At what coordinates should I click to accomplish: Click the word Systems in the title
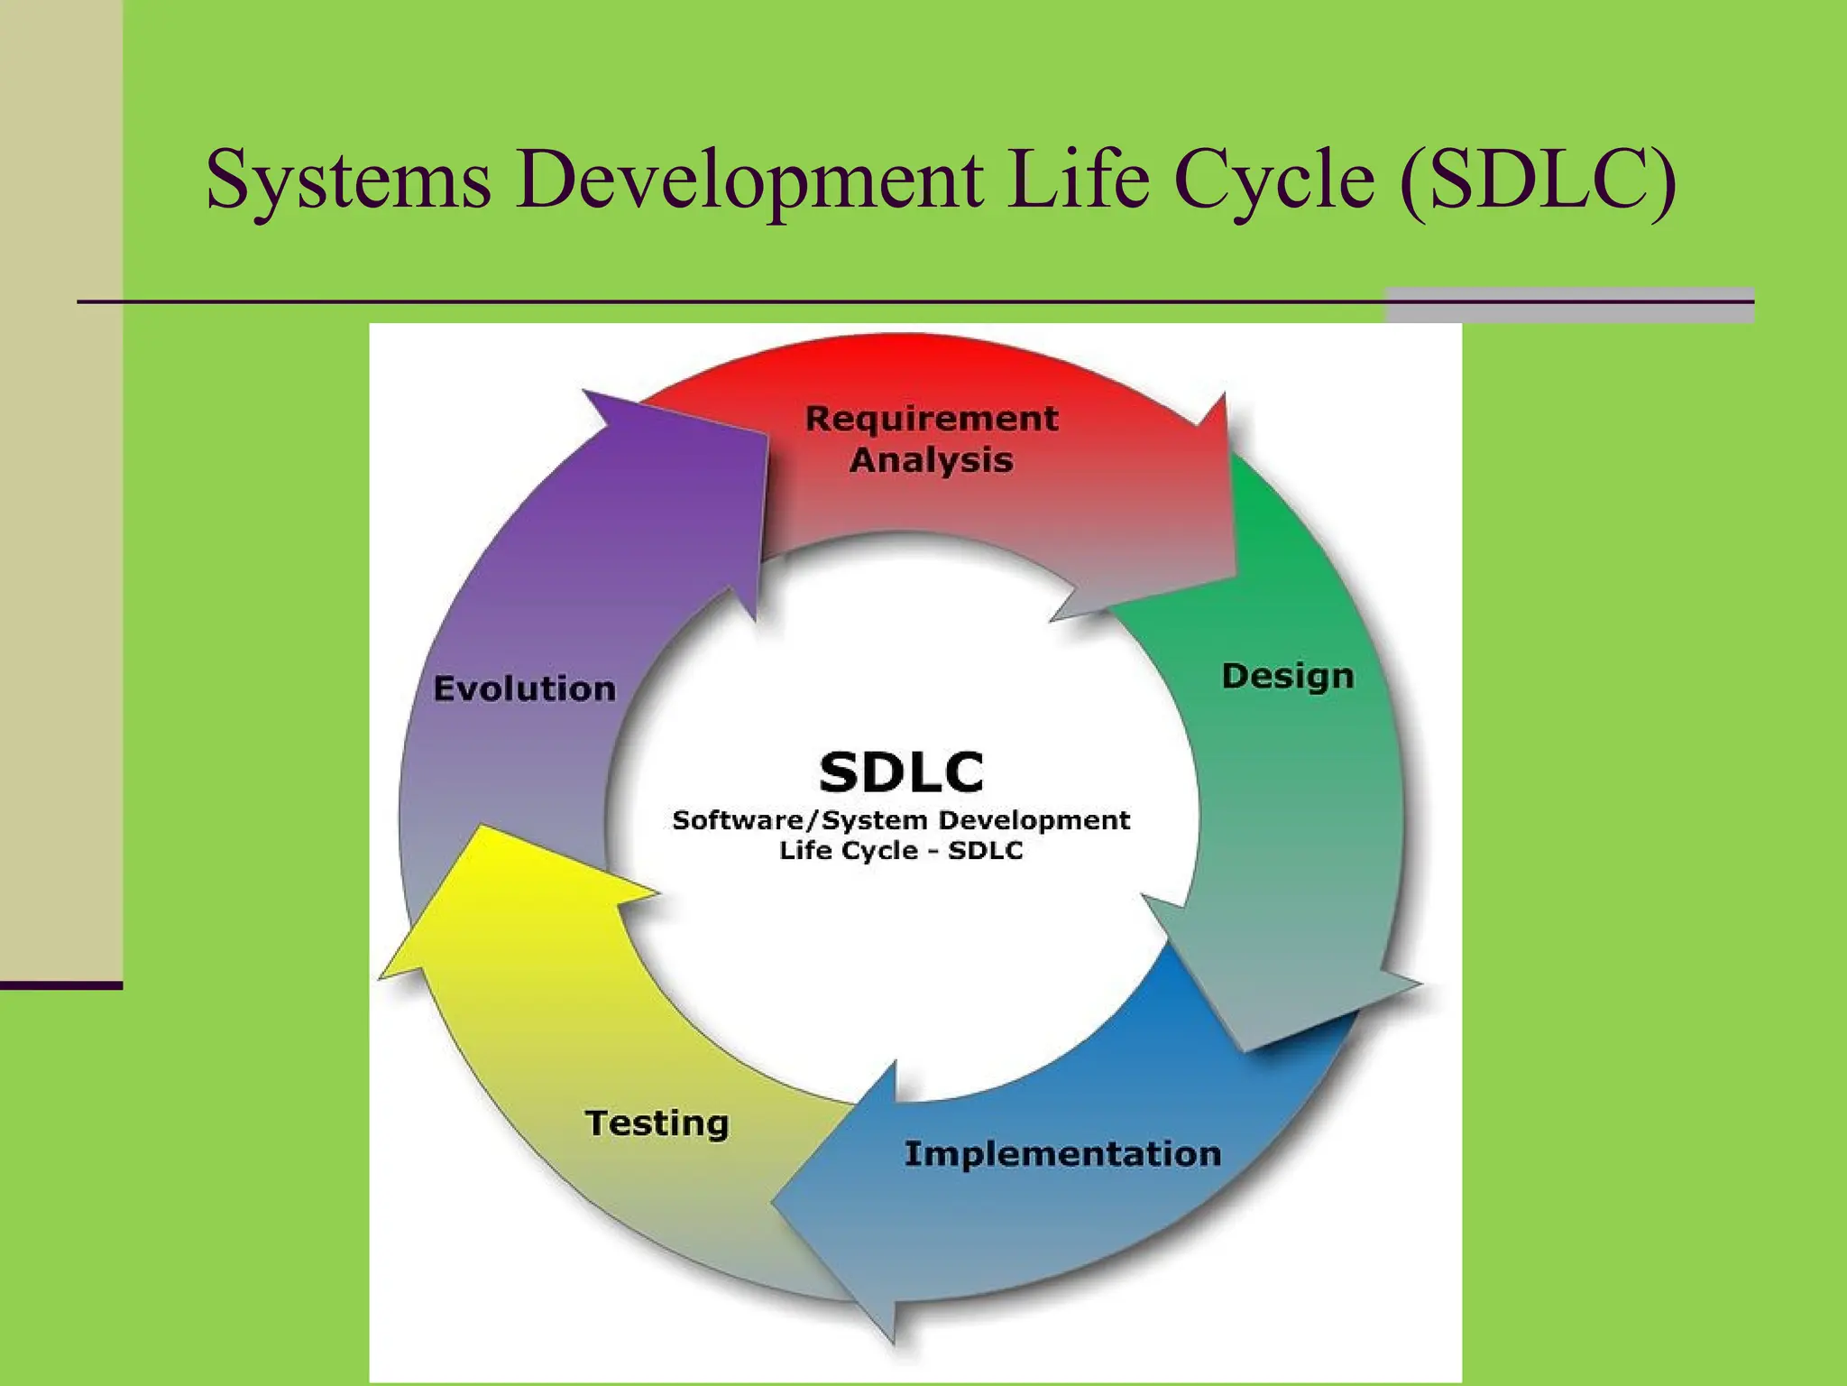click(x=348, y=180)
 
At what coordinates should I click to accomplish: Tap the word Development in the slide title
click(x=749, y=180)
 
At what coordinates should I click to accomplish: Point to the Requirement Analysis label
click(x=932, y=439)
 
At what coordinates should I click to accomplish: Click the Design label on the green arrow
click(x=1287, y=676)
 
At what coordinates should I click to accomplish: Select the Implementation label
click(x=1062, y=1154)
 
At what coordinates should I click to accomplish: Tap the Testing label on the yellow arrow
click(x=657, y=1123)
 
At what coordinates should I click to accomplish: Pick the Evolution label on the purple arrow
click(x=524, y=688)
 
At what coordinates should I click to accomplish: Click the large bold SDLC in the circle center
click(x=901, y=772)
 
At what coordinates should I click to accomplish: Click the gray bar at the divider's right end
click(x=1569, y=305)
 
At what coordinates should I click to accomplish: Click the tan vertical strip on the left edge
click(x=60, y=487)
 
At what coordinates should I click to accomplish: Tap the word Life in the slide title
click(x=1078, y=180)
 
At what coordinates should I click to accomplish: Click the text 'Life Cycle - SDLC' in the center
click(x=901, y=851)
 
